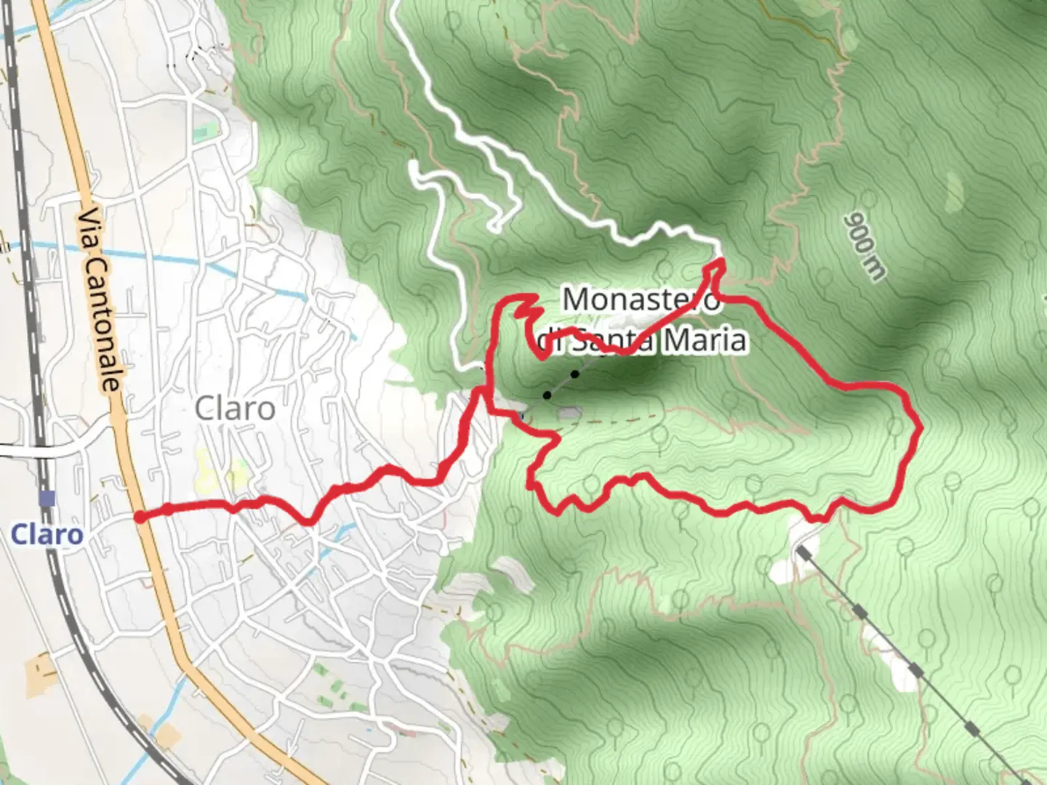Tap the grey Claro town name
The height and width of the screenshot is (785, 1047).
[235, 409]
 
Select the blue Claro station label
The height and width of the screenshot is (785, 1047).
[47, 535]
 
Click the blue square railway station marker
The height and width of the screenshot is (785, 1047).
[48, 499]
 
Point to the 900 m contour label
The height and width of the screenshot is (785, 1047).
[865, 247]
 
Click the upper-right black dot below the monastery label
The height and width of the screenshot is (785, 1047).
[574, 374]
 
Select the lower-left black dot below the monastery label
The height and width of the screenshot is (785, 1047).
[547, 395]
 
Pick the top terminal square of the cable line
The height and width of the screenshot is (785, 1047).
[802, 551]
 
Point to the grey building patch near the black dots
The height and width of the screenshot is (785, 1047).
[569, 414]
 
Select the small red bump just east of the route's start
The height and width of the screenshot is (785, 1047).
[168, 510]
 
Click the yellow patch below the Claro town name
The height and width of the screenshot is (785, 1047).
[207, 472]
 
